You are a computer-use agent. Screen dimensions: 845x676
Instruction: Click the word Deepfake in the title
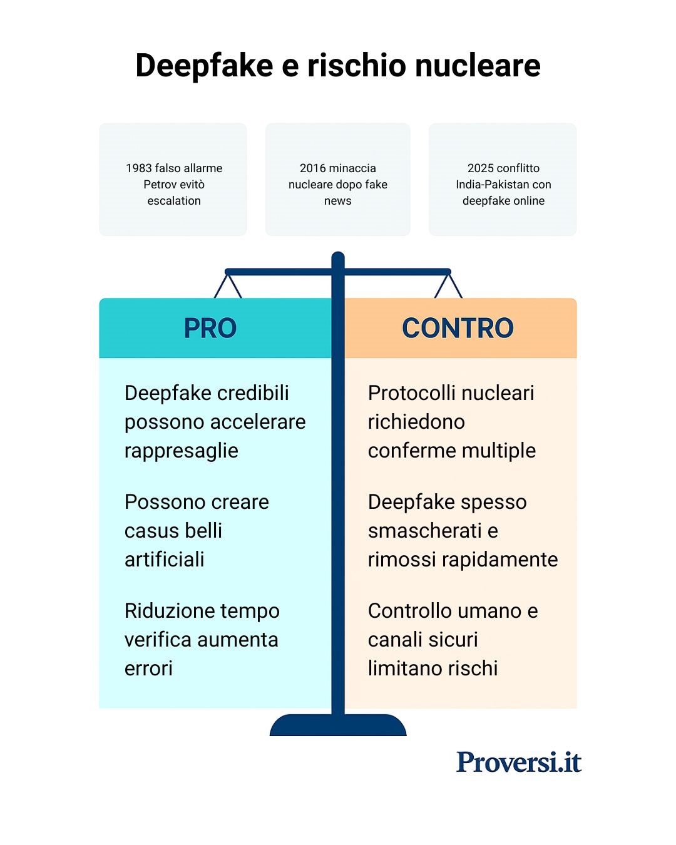[x=204, y=66]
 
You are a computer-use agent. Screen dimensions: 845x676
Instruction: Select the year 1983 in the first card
[x=138, y=168]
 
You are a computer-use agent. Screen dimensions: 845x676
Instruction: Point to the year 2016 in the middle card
[x=313, y=168]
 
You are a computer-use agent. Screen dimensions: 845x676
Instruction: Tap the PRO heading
[x=210, y=328]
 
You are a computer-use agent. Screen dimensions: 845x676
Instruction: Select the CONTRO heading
[x=458, y=328]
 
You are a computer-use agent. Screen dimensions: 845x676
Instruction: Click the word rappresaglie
[x=182, y=451]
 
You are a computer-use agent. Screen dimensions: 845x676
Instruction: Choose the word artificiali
[x=165, y=560]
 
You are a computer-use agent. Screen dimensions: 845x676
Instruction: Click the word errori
[x=148, y=668]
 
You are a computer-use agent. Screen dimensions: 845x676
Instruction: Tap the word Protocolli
[x=416, y=393]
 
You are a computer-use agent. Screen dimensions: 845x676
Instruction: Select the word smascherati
[x=425, y=531]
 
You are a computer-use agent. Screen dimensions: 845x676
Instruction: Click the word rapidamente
[x=508, y=560]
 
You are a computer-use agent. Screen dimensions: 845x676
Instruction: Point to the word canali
[x=396, y=640]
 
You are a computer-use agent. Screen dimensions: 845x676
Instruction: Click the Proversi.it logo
[x=519, y=762]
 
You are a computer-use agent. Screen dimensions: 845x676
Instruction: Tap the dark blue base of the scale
[x=338, y=726]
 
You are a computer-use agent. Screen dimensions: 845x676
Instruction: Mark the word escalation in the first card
[x=174, y=201]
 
